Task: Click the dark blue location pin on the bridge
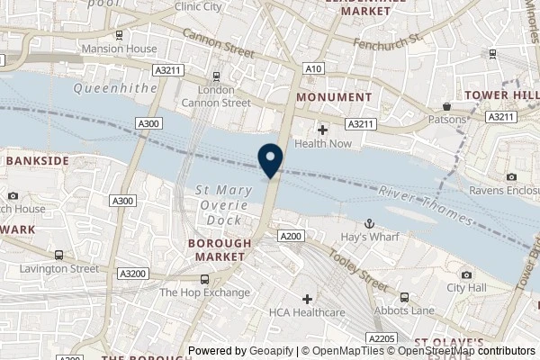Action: coord(271,160)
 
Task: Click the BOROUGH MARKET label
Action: coord(216,250)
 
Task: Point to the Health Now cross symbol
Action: coord(322,130)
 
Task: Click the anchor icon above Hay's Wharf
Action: coord(367,222)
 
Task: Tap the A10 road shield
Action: coord(314,67)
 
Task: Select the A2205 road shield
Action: coord(382,338)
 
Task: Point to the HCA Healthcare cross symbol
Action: coord(308,298)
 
